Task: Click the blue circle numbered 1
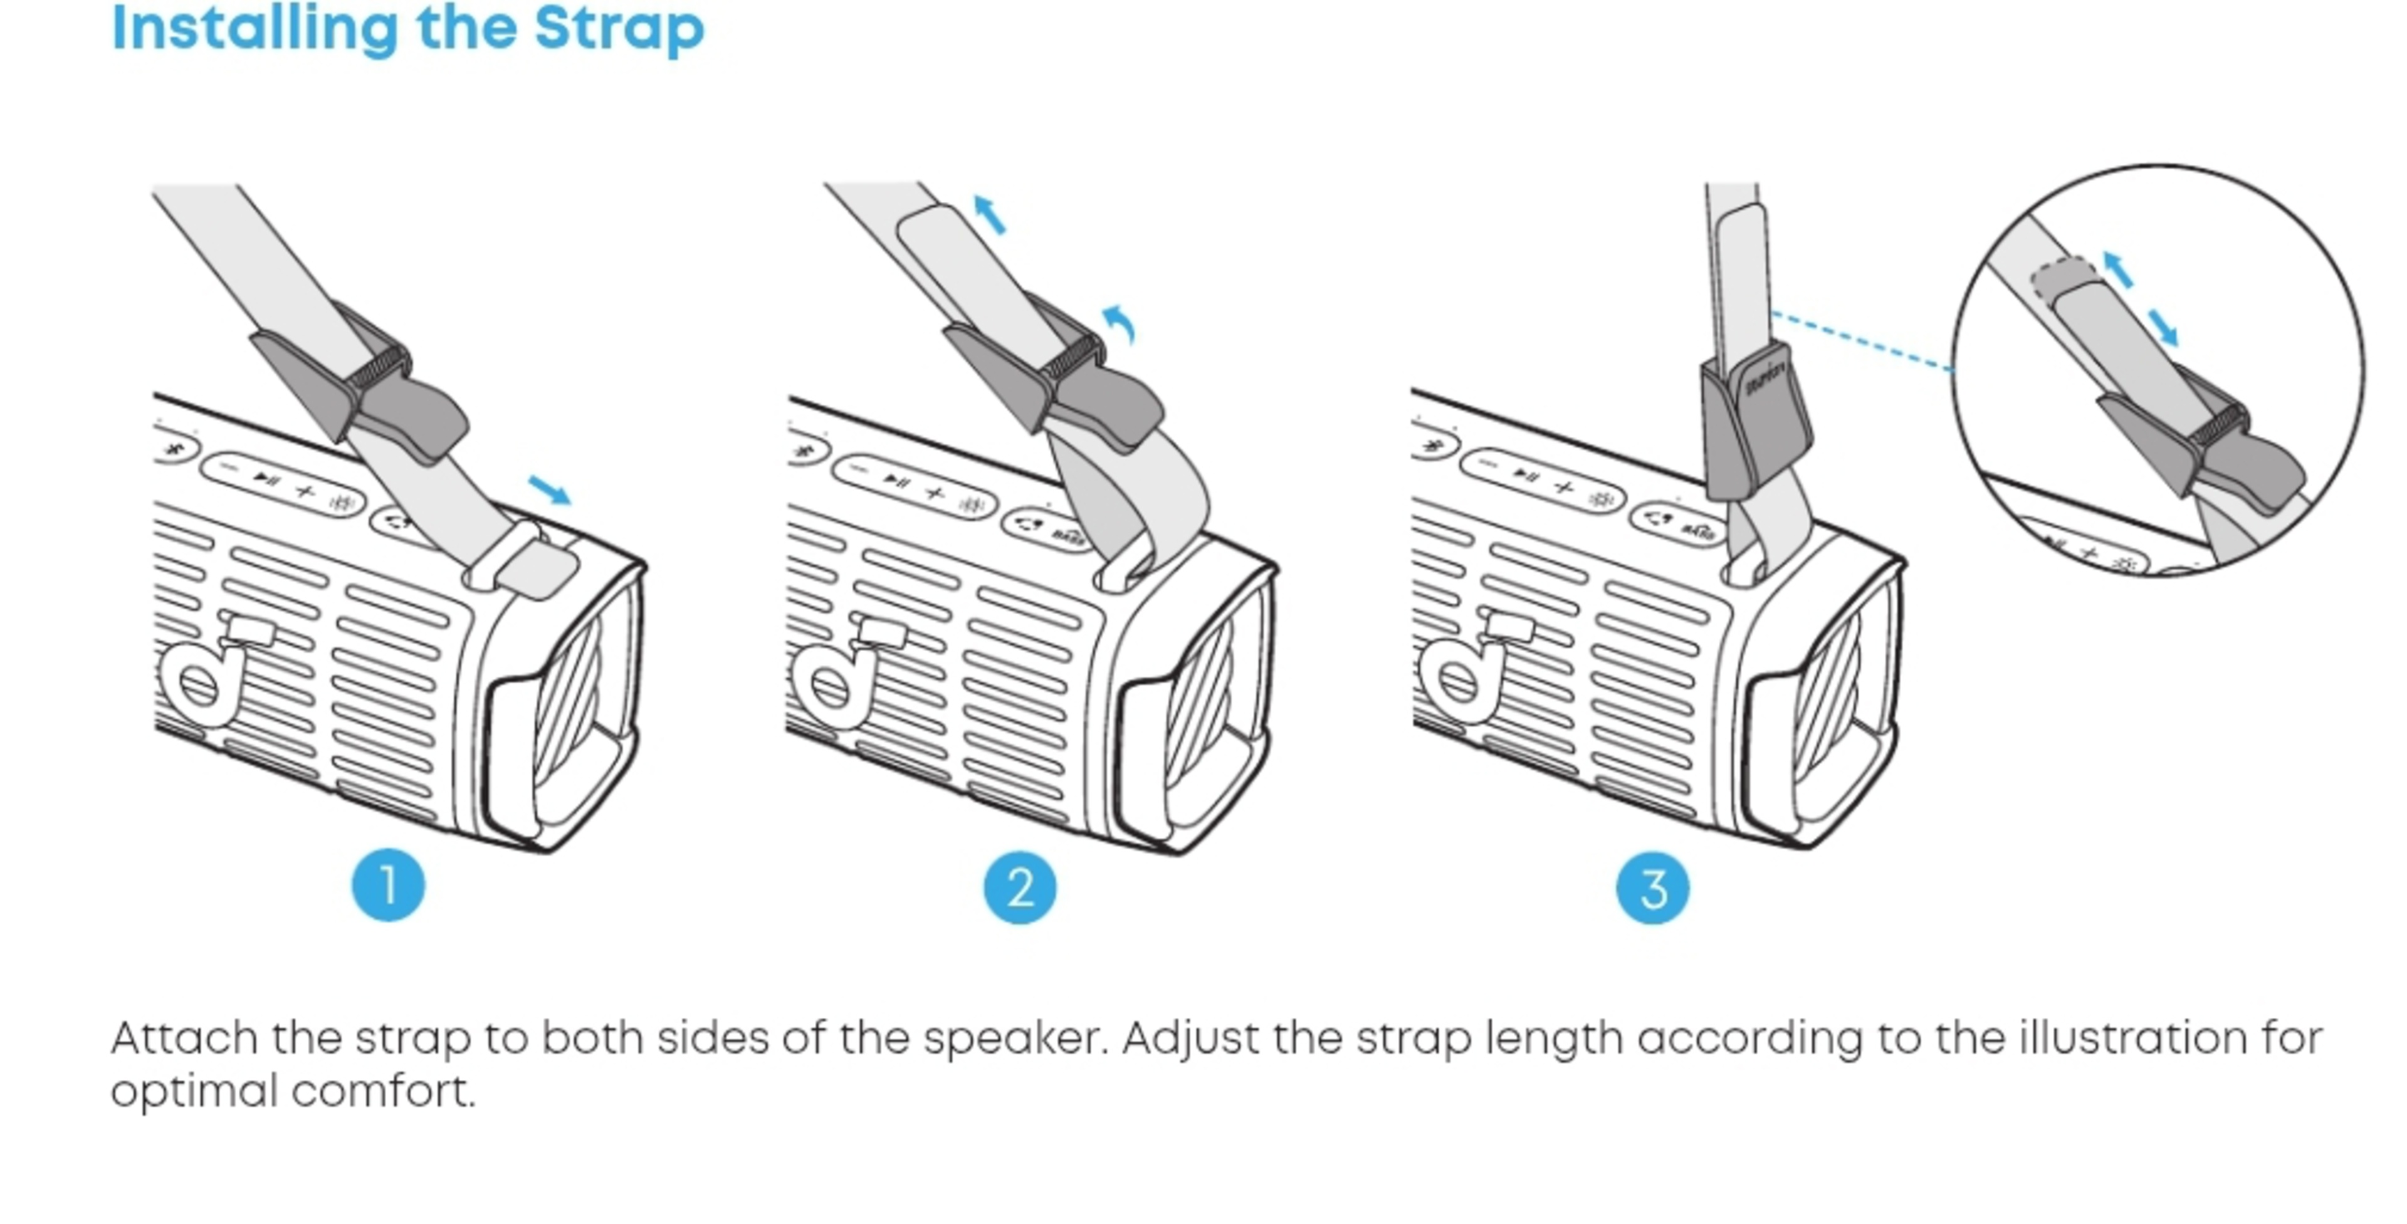[x=388, y=885]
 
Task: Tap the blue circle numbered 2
[x=1019, y=887]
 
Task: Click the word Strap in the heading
[x=619, y=28]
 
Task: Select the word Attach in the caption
[x=184, y=1038]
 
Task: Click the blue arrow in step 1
[x=550, y=489]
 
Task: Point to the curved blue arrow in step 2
[x=1120, y=322]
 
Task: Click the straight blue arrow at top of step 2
[x=990, y=214]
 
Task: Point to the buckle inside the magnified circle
[x=2205, y=449]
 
